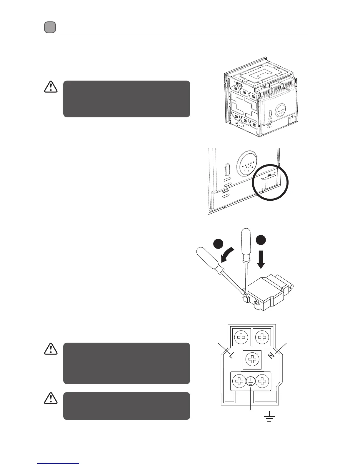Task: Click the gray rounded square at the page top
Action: point(50,27)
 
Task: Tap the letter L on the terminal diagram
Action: point(231,355)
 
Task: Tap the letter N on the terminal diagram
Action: point(271,355)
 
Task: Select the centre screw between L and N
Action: point(252,359)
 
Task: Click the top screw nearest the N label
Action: point(262,337)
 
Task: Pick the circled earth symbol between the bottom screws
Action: point(251,382)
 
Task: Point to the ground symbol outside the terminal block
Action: point(269,417)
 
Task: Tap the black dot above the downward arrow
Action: point(261,239)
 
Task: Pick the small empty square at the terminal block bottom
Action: point(230,397)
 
